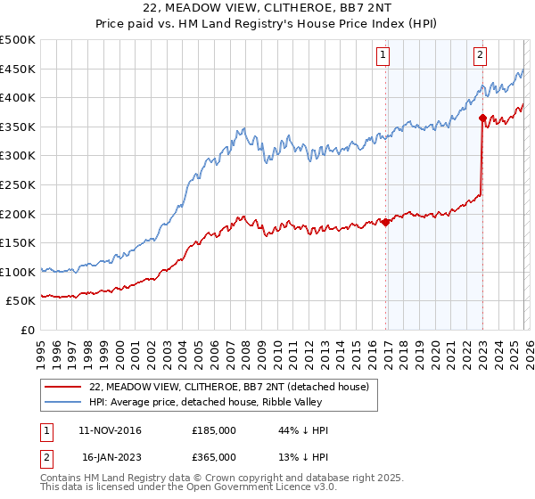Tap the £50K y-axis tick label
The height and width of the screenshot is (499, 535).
click(x=21, y=301)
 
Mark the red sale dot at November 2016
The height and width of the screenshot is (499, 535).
click(x=385, y=223)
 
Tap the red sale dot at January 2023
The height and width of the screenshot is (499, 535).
click(x=482, y=118)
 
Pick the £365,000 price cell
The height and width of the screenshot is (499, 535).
click(x=214, y=456)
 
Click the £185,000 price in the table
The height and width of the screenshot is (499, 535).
click(x=214, y=430)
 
